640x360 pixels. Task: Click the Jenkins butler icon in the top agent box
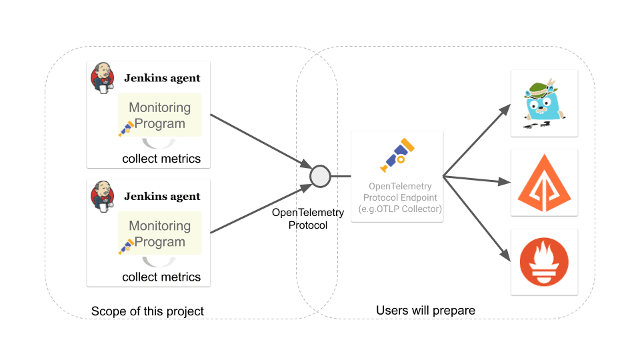[x=102, y=79]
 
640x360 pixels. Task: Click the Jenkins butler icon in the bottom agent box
[x=102, y=197]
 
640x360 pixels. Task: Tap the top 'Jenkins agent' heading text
[x=162, y=78]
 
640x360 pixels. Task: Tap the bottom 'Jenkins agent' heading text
[x=162, y=197]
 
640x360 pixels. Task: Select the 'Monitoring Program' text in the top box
[x=159, y=115]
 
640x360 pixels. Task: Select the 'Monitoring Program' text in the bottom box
[x=159, y=234]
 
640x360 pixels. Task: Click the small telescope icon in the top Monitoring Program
[x=126, y=129]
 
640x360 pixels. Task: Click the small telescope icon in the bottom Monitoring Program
[x=126, y=247]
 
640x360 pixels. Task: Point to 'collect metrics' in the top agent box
[x=161, y=159]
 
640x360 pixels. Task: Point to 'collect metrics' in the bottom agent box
[x=161, y=277]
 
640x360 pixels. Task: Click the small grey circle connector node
[x=320, y=177]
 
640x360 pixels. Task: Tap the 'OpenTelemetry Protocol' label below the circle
[x=308, y=219]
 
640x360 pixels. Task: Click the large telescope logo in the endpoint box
[x=397, y=155]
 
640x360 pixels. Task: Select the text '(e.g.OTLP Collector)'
[x=397, y=209]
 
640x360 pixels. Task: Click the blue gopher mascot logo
[x=544, y=102]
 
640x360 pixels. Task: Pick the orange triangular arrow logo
[x=544, y=183]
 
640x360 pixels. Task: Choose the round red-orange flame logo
[x=544, y=261]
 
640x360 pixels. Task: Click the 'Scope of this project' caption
[x=147, y=311]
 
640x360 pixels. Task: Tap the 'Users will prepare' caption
[x=425, y=311]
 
